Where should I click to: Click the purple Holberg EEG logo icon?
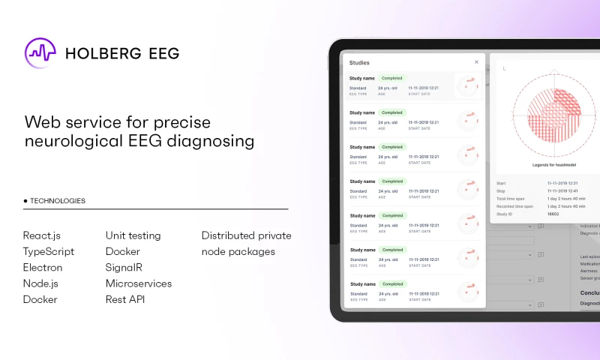click(x=40, y=52)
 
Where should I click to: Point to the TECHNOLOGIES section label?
click(x=57, y=201)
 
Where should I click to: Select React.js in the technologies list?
click(x=41, y=235)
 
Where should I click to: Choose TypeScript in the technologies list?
click(x=49, y=251)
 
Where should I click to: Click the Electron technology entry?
click(x=43, y=268)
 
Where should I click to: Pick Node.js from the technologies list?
click(x=40, y=283)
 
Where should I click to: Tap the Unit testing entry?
click(x=133, y=235)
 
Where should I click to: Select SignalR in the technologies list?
click(x=124, y=268)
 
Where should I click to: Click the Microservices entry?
click(x=139, y=283)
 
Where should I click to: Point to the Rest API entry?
click(x=125, y=299)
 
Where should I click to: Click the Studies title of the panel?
click(x=359, y=62)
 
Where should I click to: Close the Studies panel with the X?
click(x=476, y=62)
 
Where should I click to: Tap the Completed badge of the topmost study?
click(x=391, y=78)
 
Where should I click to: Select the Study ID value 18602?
click(x=553, y=214)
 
